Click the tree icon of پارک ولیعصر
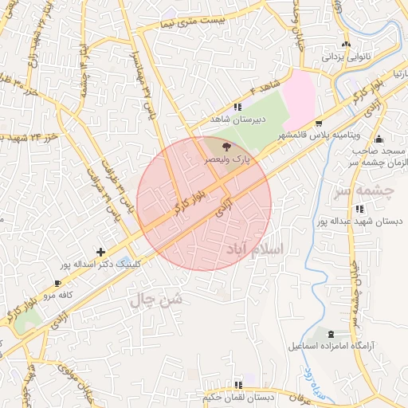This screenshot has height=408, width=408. (x=226, y=147)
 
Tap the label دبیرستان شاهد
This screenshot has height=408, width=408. (x=236, y=119)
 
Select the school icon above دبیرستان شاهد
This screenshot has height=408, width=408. (x=237, y=107)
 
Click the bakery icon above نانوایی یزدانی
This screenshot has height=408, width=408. (x=345, y=44)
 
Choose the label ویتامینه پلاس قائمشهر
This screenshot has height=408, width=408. (x=324, y=135)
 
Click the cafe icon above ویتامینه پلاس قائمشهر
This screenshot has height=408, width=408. (x=319, y=124)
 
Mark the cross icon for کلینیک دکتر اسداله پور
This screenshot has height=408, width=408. (x=100, y=252)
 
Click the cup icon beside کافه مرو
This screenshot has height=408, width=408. (x=57, y=284)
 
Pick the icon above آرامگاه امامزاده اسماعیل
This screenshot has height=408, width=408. (x=331, y=333)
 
